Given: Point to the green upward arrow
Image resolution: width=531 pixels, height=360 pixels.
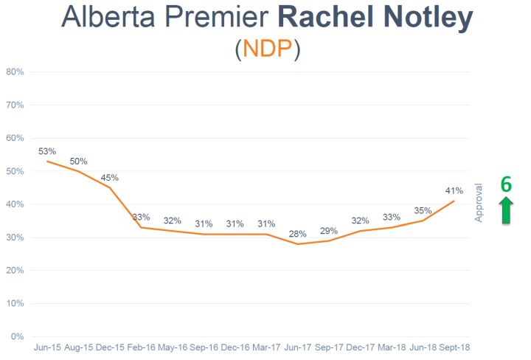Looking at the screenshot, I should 506,210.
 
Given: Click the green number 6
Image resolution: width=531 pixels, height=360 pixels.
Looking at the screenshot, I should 506,184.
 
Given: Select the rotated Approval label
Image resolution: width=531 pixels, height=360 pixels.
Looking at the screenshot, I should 479,202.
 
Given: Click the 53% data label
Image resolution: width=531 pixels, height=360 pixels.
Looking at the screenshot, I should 47,151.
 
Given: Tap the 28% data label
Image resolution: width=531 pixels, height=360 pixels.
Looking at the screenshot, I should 299,234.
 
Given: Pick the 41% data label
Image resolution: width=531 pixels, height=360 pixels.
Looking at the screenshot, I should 454,190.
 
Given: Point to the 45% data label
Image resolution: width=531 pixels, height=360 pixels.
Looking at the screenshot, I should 110,177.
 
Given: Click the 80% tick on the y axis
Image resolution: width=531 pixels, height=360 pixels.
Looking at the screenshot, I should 15,72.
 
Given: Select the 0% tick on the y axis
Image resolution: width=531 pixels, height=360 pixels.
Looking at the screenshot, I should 18,337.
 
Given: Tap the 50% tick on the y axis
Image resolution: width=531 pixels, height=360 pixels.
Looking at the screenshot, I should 15,171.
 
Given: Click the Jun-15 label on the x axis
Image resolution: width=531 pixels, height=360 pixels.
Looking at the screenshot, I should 47,347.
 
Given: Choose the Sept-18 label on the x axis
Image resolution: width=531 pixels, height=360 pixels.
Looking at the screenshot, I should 454,347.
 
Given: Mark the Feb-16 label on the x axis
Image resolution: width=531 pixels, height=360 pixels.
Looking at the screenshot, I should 141,347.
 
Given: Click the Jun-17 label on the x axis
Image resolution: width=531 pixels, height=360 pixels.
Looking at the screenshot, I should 298,347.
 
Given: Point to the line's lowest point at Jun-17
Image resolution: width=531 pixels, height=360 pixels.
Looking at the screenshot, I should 298,243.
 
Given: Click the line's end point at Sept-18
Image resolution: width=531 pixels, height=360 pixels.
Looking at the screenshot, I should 454,201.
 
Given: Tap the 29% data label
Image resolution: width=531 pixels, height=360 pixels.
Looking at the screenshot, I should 330,230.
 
